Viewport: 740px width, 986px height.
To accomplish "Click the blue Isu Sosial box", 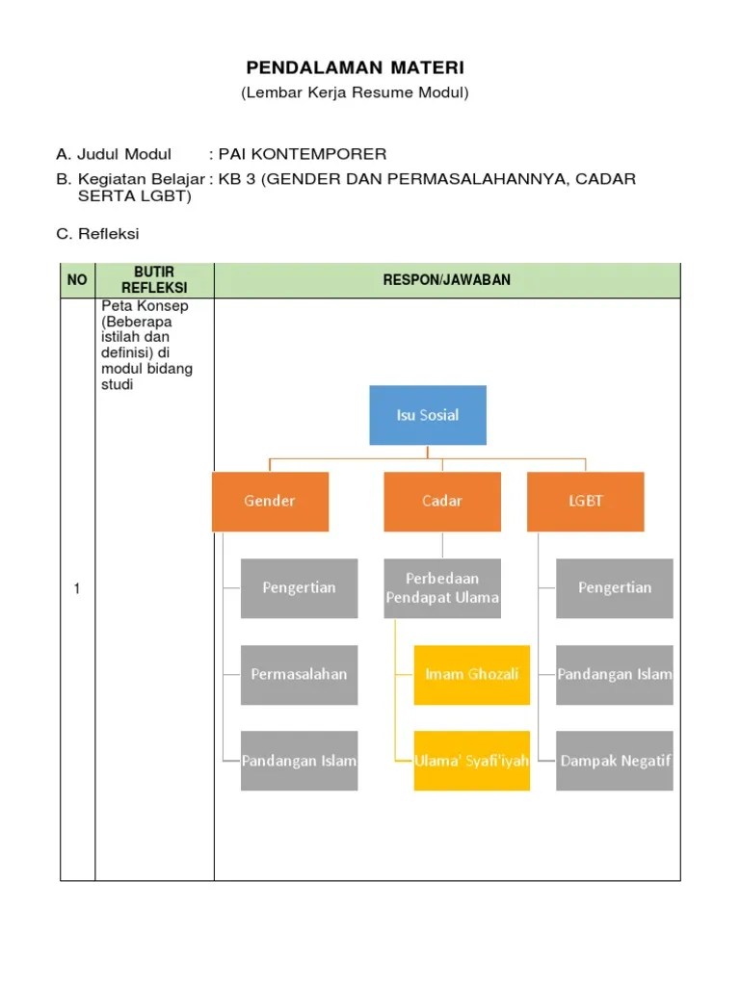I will [428, 415].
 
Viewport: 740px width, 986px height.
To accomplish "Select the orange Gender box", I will [270, 501].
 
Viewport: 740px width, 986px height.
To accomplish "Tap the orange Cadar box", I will [442, 501].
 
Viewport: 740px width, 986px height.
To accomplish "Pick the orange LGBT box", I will [585, 501].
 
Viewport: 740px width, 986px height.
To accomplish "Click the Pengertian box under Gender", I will [299, 587].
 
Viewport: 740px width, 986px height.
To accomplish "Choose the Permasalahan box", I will [299, 674].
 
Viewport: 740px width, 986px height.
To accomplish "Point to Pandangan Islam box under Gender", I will [299, 761].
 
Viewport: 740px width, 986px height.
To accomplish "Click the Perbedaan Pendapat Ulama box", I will [442, 587].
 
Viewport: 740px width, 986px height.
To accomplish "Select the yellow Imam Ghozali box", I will [472, 674].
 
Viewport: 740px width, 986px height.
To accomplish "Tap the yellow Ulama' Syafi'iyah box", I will [472, 761].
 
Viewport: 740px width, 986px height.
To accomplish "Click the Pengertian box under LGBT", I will [615, 587].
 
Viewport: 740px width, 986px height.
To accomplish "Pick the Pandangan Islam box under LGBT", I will [615, 674].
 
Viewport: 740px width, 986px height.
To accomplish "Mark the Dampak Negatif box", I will [615, 761].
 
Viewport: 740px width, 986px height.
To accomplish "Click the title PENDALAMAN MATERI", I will [355, 67].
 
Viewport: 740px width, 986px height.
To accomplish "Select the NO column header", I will [77, 280].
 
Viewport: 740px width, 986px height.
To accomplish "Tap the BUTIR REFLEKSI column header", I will [154, 280].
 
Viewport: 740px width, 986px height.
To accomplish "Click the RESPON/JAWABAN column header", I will [447, 280].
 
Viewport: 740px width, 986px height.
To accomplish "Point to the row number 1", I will [77, 589].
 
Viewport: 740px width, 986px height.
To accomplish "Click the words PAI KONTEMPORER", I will [303, 154].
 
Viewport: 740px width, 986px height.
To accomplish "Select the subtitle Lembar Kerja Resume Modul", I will [355, 93].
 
